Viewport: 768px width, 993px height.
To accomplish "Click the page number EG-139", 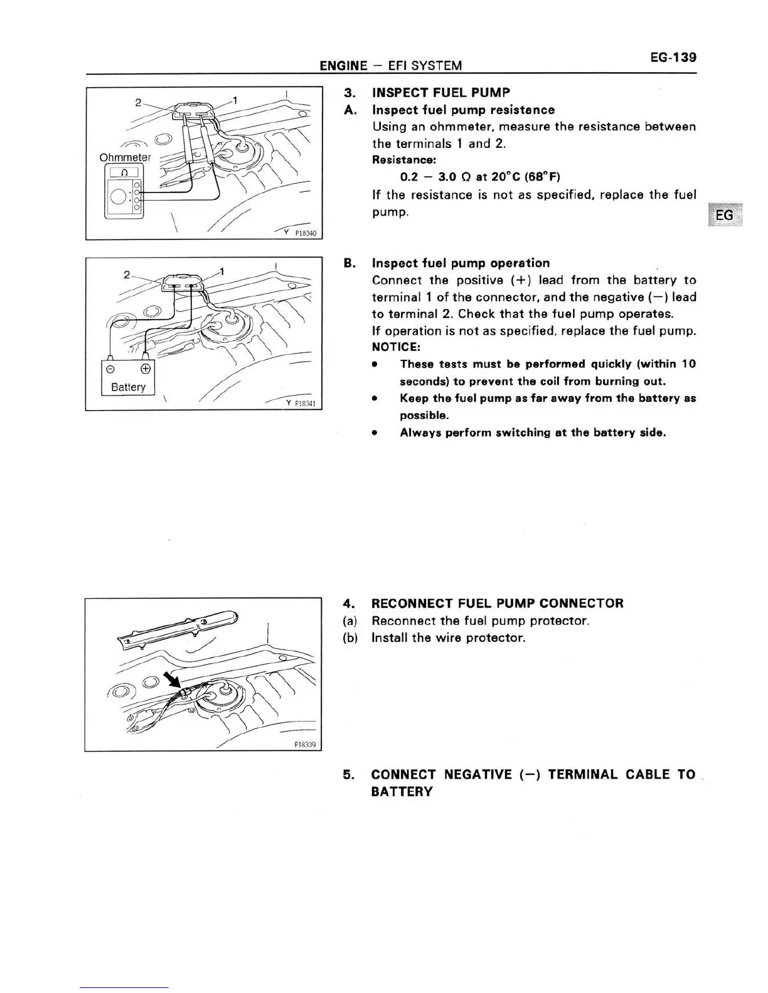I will click(x=673, y=58).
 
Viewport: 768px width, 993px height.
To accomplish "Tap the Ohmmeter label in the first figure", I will click(x=125, y=157).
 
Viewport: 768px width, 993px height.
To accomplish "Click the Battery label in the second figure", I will click(x=128, y=387).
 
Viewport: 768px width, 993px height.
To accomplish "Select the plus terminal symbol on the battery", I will click(x=146, y=368).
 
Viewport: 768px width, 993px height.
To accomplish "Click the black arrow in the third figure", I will click(x=171, y=680).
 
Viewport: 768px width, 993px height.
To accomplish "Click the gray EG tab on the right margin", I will click(x=724, y=215).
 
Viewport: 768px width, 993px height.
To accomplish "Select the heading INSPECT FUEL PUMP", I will click(x=440, y=93).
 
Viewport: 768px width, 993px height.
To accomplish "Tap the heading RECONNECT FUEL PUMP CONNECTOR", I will click(x=497, y=604).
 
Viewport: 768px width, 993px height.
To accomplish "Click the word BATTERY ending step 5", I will click(x=402, y=792).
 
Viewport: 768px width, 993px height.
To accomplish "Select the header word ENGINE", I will click(x=343, y=66).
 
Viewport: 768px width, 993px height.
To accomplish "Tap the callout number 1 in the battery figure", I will click(x=221, y=271).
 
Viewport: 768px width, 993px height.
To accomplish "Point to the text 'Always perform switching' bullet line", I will click(x=532, y=433).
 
